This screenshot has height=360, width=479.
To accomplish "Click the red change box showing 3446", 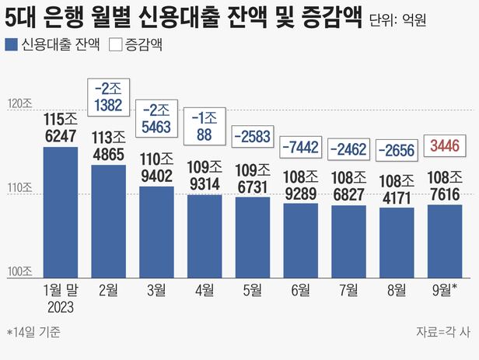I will point(444,145).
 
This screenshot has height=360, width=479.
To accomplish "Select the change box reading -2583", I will point(252,136).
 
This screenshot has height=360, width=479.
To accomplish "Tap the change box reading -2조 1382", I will point(108,96).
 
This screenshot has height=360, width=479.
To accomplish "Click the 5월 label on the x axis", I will point(252,290).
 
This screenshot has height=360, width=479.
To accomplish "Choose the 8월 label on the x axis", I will point(396,290).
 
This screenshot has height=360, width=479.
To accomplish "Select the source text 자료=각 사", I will point(443,333).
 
